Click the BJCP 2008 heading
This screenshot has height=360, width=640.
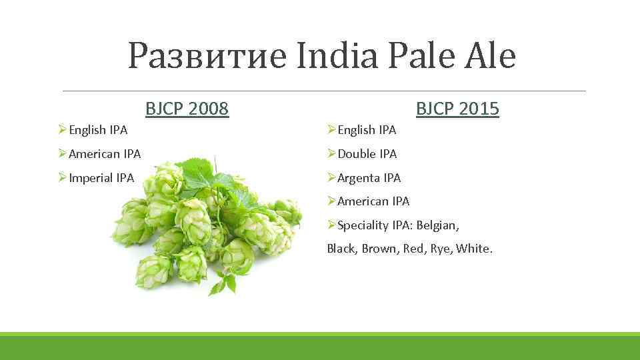coord(187,108)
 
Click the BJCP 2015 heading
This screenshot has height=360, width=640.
coord(457,108)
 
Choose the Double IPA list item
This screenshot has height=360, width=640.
coord(367,154)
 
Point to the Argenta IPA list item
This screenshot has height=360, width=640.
coord(369,178)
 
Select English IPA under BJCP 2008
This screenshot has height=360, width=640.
coord(98,130)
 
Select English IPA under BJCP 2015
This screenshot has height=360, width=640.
coord(367,130)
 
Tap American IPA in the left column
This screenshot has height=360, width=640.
coord(105,154)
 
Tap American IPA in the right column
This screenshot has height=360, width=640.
coord(373,201)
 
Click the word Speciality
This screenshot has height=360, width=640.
coord(364,225)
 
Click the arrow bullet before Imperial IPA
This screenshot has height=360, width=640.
coord(63,178)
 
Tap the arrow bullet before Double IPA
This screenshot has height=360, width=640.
coord(331,154)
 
